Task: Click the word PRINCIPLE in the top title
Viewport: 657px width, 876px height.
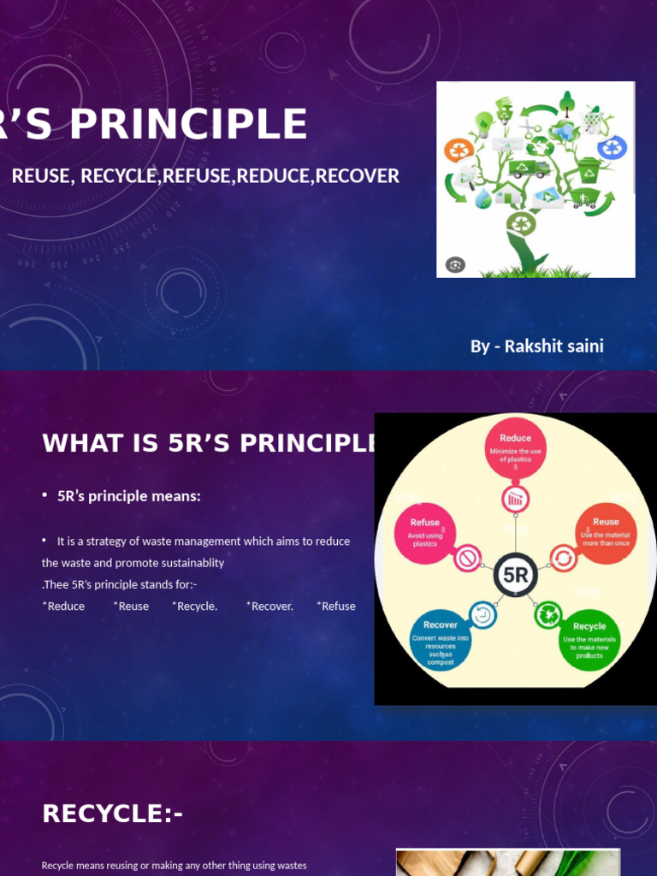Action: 188,124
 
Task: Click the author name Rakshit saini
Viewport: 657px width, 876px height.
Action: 553,346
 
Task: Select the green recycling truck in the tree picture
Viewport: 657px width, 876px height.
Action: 529,169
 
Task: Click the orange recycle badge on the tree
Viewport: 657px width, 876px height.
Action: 459,151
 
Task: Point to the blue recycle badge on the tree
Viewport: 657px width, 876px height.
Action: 613,147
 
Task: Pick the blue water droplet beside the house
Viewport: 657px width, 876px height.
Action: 483,199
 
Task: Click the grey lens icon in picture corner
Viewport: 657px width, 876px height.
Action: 455,264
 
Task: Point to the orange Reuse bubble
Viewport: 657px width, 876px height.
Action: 606,532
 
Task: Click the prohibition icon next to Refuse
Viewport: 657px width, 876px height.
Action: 468,559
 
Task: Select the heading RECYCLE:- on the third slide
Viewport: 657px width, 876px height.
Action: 112,814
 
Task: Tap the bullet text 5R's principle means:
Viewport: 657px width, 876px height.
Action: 128,496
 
